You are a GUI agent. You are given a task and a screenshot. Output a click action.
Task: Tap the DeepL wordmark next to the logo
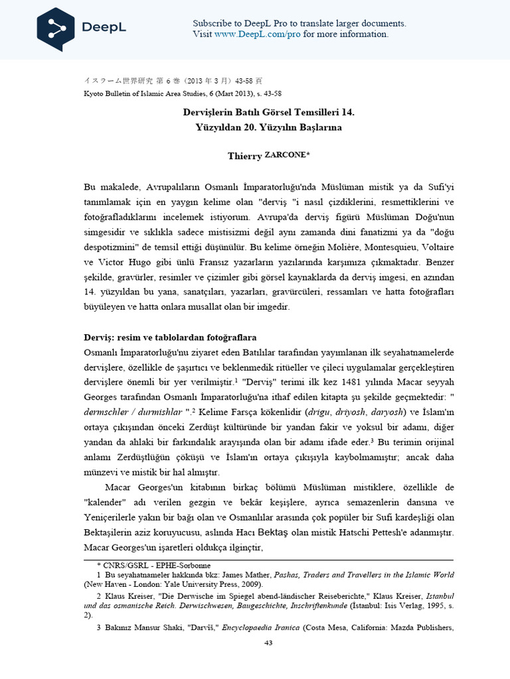point(104,28)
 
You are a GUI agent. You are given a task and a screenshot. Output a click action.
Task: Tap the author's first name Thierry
point(244,155)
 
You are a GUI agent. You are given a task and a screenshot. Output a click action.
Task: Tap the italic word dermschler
point(111,412)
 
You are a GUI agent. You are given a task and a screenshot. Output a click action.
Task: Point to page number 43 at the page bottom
point(269,643)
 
